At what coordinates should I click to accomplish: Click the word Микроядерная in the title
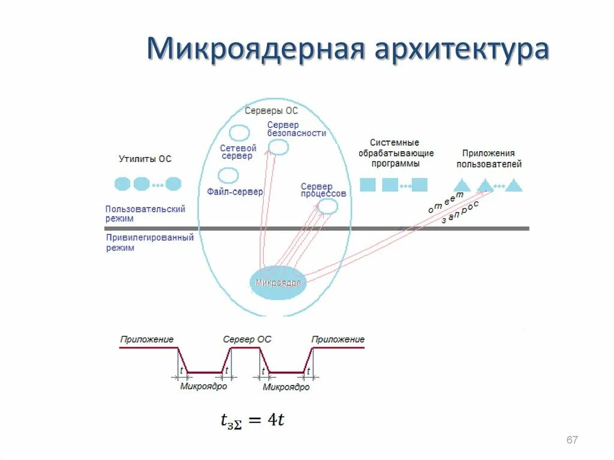[255, 50]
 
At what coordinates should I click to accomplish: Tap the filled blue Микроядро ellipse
[278, 282]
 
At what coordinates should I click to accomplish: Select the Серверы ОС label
[271, 111]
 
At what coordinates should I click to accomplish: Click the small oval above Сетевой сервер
[240, 133]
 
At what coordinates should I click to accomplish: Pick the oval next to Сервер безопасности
[278, 147]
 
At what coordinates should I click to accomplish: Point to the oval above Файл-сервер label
[228, 175]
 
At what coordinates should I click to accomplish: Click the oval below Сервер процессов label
[327, 206]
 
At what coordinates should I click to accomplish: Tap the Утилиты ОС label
[145, 159]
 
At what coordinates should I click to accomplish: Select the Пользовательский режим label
[145, 214]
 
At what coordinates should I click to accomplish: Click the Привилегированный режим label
[149, 242]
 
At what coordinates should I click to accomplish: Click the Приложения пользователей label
[489, 158]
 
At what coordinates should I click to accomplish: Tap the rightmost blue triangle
[514, 186]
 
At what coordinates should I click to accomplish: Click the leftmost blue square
[368, 185]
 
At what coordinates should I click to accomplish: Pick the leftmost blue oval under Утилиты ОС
[122, 184]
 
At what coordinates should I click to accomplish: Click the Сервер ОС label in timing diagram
[247, 339]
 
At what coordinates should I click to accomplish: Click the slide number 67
[572, 440]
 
